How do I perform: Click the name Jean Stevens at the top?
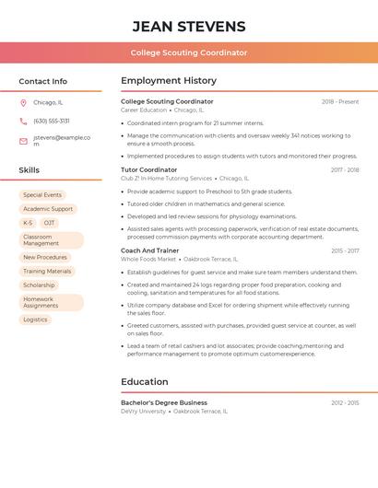pyautogui.click(x=189, y=26)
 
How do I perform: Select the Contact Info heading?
pyautogui.click(x=42, y=81)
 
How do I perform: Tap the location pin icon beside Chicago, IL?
pyautogui.click(x=23, y=103)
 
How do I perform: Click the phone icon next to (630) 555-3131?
pyautogui.click(x=23, y=121)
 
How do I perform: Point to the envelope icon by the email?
pyautogui.click(x=23, y=141)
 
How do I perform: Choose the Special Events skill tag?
pyautogui.click(x=42, y=195)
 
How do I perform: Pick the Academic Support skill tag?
pyautogui.click(x=48, y=209)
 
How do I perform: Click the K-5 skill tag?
pyautogui.click(x=28, y=223)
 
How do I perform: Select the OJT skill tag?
pyautogui.click(x=49, y=223)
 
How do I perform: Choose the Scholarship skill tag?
pyautogui.click(x=39, y=285)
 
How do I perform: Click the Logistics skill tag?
pyautogui.click(x=35, y=320)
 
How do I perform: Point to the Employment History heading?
pyautogui.click(x=169, y=81)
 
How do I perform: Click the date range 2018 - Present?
pyautogui.click(x=340, y=102)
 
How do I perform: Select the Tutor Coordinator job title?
pyautogui.click(x=148, y=170)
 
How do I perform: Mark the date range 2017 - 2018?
pyautogui.click(x=345, y=170)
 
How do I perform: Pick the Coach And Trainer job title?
pyautogui.click(x=150, y=250)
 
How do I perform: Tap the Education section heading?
pyautogui.click(x=145, y=382)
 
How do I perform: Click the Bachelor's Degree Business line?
pyautogui.click(x=164, y=402)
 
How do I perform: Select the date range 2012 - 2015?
pyautogui.click(x=345, y=403)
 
